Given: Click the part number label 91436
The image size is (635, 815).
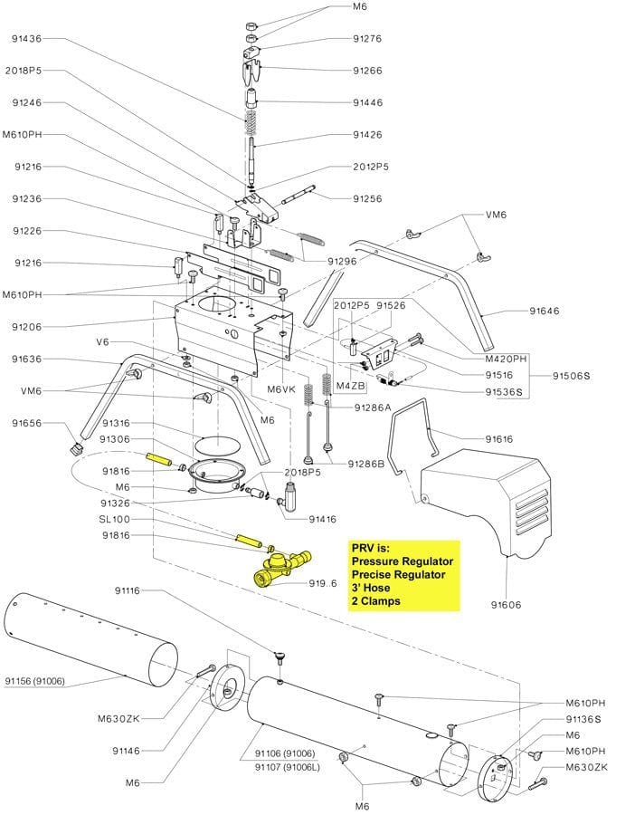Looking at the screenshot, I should click(26, 39).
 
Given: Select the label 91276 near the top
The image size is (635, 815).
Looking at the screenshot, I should click(367, 39).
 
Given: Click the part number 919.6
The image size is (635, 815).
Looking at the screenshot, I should click(322, 584).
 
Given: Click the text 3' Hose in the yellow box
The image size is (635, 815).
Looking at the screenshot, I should click(373, 588).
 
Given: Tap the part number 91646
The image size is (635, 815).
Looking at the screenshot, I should click(545, 311).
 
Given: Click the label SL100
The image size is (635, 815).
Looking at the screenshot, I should click(114, 520).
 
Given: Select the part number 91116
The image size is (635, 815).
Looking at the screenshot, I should click(128, 590).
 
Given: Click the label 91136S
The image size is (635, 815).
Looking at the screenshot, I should click(583, 719).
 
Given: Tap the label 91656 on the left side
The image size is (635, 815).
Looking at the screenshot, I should click(26, 423).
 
